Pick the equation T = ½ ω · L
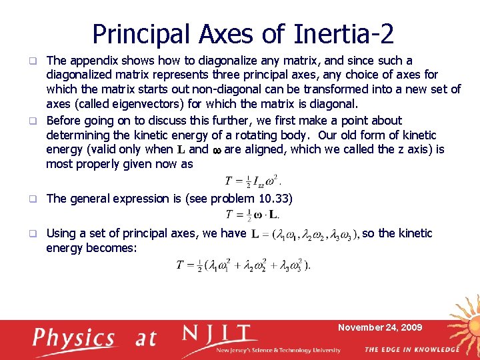(x=253, y=214)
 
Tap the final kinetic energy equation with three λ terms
(x=243, y=265)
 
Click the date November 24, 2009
(x=380, y=327)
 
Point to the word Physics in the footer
(x=74, y=338)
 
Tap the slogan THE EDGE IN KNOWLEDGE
(x=411, y=349)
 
